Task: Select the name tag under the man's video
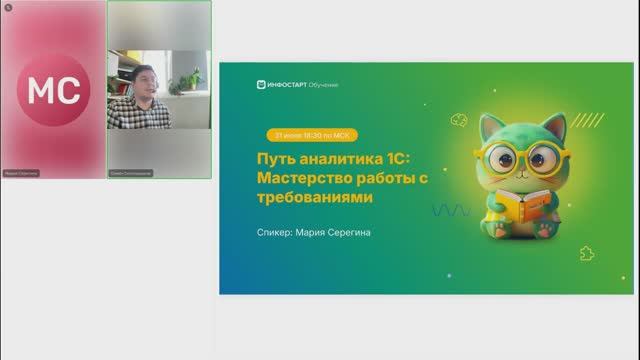(x=130, y=172)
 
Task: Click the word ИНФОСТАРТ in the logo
(x=289, y=85)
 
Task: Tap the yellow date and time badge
(x=309, y=135)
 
